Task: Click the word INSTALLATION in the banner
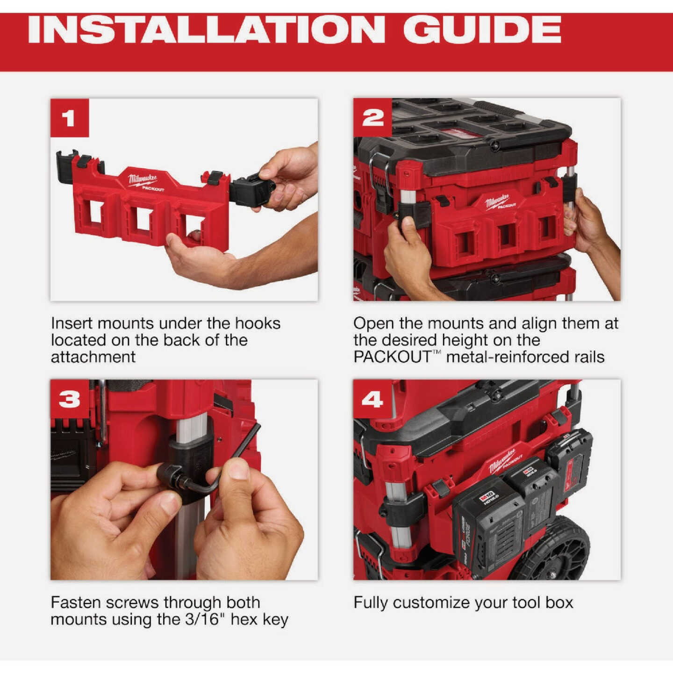pyautogui.click(x=206, y=30)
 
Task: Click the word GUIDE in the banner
pyautogui.click(x=481, y=30)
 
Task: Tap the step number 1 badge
pyautogui.click(x=69, y=118)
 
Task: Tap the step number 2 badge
pyautogui.click(x=372, y=117)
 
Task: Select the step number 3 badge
pyautogui.click(x=69, y=399)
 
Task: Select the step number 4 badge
pyautogui.click(x=372, y=399)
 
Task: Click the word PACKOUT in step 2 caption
pyautogui.click(x=392, y=357)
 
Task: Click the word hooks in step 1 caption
pyautogui.click(x=258, y=323)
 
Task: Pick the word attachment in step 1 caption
pyautogui.click(x=93, y=357)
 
